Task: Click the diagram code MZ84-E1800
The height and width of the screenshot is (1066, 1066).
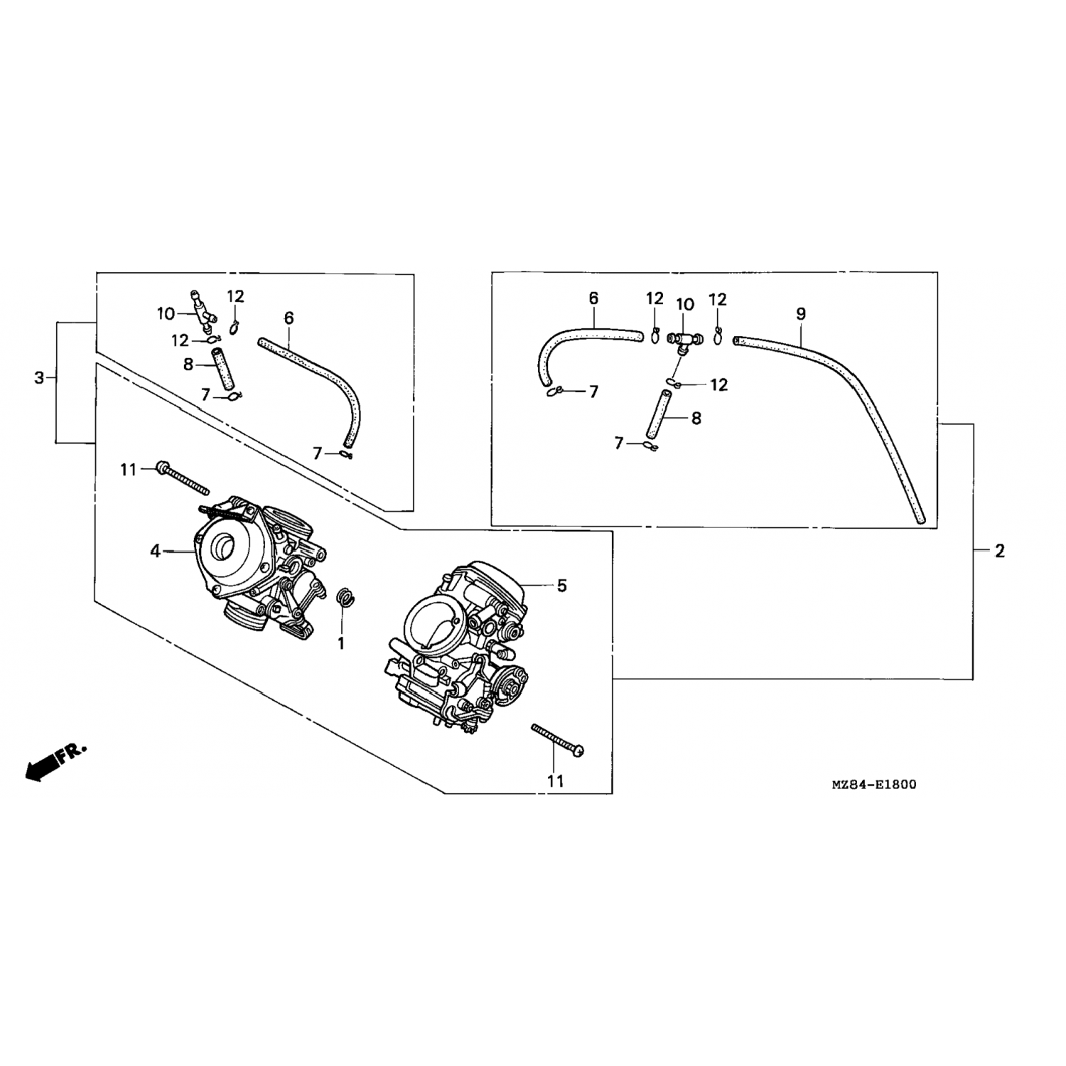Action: (x=873, y=785)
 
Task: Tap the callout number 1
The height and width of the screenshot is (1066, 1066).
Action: (x=341, y=643)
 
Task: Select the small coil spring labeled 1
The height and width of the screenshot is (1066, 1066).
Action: (x=345, y=598)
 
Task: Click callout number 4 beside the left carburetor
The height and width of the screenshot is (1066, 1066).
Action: (x=155, y=550)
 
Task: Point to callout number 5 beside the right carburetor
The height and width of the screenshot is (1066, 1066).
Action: (x=561, y=586)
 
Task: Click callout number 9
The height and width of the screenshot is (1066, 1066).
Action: (x=801, y=313)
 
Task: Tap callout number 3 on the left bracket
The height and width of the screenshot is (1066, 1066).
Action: (x=40, y=377)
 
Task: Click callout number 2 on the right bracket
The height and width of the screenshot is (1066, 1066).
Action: (x=1000, y=550)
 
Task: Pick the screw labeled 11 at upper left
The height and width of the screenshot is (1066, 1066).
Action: (x=183, y=478)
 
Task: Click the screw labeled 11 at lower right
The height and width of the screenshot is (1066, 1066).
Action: (x=558, y=740)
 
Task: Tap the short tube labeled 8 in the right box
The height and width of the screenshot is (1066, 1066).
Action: (x=658, y=414)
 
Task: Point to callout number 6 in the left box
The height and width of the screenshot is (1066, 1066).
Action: (x=289, y=318)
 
